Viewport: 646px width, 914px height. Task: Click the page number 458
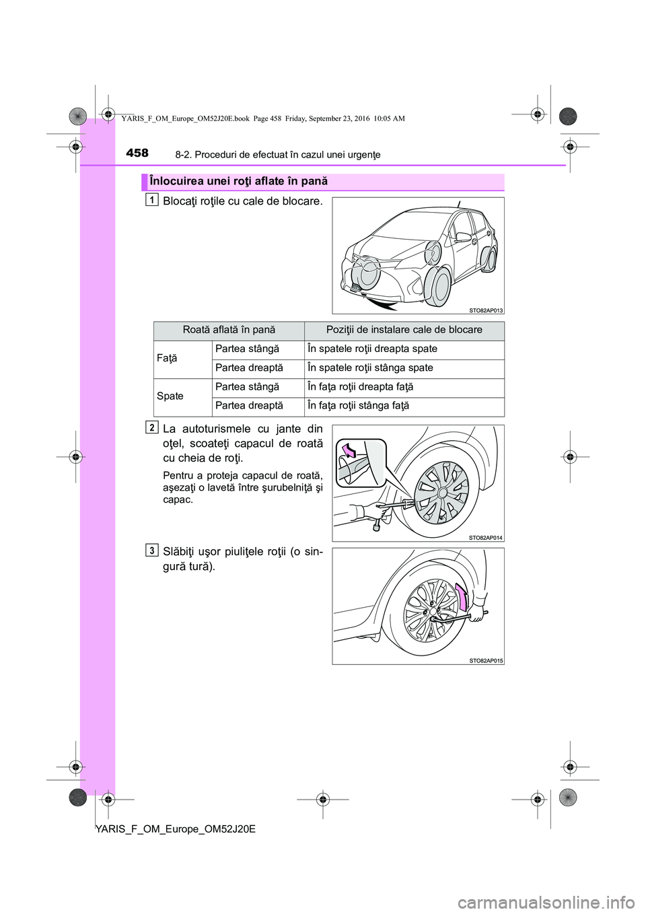click(137, 153)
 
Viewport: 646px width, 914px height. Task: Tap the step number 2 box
click(153, 426)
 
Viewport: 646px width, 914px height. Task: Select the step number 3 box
click(153, 551)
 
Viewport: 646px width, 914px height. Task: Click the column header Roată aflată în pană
click(229, 330)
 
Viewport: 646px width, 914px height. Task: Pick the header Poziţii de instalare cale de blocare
click(404, 330)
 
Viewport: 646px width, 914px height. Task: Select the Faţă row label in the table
click(167, 359)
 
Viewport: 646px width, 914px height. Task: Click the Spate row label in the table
click(170, 396)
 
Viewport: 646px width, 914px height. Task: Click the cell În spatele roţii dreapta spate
click(372, 349)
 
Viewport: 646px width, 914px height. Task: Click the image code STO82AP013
click(486, 310)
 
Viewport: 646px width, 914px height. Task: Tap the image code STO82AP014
click(486, 537)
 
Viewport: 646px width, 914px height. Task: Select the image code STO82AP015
click(486, 661)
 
